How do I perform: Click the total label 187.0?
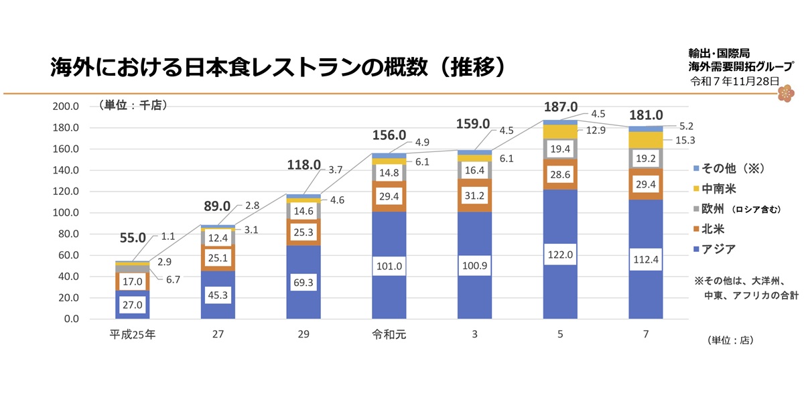[x=560, y=107]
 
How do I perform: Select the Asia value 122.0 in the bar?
[x=560, y=255]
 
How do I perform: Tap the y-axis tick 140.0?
[x=66, y=170]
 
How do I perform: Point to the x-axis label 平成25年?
[x=132, y=333]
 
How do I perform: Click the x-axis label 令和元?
[x=389, y=333]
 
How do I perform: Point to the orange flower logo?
[x=785, y=93]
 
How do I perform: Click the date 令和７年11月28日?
[x=734, y=80]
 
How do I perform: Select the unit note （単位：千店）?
[x=131, y=105]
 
